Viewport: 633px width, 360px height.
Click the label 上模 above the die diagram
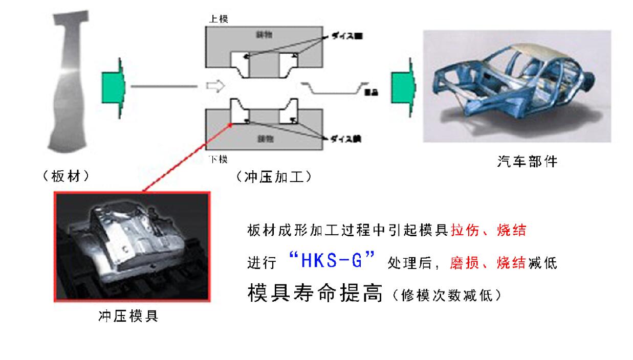tap(219, 19)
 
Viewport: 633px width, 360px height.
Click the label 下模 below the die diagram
tap(219, 160)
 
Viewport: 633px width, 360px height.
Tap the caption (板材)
tap(67, 177)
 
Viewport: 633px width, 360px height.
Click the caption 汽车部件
tap(527, 162)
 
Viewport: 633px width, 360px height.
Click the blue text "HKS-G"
tap(332, 261)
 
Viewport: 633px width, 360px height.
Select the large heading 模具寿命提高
tap(315, 294)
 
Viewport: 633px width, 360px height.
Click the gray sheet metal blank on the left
tap(70, 82)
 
